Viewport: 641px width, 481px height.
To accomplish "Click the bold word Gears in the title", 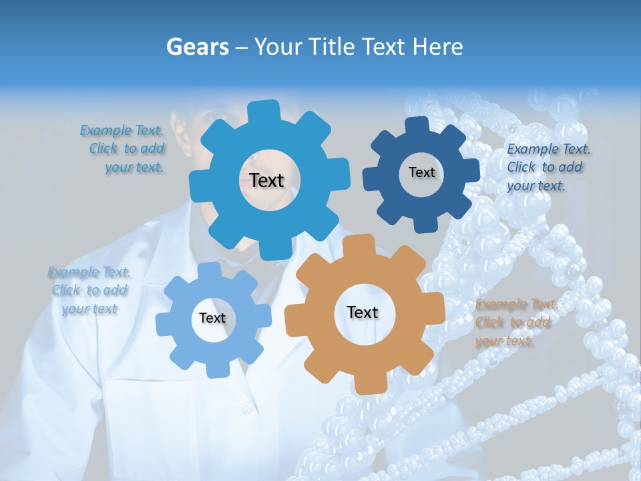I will click(x=198, y=47).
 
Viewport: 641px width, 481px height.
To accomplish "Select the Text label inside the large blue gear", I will click(x=266, y=180).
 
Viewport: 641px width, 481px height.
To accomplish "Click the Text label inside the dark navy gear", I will click(x=421, y=172).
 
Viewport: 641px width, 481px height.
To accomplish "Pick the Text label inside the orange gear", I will click(x=363, y=312).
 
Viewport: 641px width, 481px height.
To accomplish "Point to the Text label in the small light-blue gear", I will click(x=212, y=318).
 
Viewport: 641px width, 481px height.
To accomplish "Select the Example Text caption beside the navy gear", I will click(x=548, y=167).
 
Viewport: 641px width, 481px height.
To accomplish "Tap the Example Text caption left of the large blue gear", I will click(x=123, y=149).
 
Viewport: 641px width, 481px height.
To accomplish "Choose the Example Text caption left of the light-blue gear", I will click(x=89, y=290).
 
